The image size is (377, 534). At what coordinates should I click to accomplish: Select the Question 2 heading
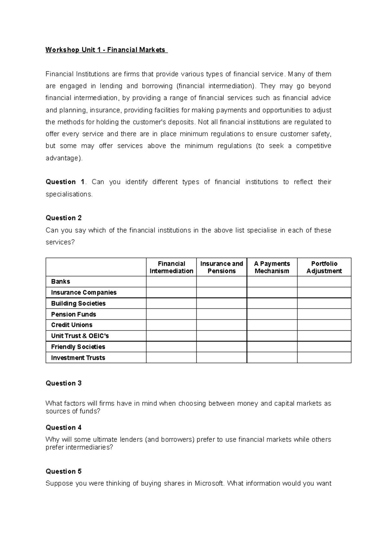click(63, 218)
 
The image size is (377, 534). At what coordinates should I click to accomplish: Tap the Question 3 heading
click(63, 383)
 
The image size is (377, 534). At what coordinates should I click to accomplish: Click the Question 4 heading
click(63, 427)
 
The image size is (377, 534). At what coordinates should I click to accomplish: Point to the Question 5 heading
click(63, 471)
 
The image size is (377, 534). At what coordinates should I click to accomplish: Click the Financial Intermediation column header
click(171, 267)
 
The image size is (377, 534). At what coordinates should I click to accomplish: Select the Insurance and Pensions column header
click(221, 267)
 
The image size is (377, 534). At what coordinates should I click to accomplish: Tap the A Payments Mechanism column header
click(272, 267)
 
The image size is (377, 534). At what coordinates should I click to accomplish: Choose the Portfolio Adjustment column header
click(324, 267)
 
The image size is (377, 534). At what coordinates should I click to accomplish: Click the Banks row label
click(61, 281)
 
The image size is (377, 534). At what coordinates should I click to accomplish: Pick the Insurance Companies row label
click(84, 292)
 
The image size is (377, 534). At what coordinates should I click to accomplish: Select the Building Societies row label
click(78, 303)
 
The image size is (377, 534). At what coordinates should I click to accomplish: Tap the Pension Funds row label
click(74, 314)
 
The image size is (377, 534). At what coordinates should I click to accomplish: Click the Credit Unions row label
click(72, 325)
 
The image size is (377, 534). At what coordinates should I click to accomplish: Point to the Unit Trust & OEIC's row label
click(80, 336)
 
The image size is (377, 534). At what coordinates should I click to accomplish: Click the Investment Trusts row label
click(78, 358)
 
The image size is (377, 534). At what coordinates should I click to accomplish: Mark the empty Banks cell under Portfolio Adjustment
click(324, 281)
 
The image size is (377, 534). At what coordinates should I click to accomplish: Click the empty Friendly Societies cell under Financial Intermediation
click(171, 347)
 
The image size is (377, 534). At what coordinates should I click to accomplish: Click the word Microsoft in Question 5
click(209, 483)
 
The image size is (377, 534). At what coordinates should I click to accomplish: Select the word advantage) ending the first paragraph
click(64, 158)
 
